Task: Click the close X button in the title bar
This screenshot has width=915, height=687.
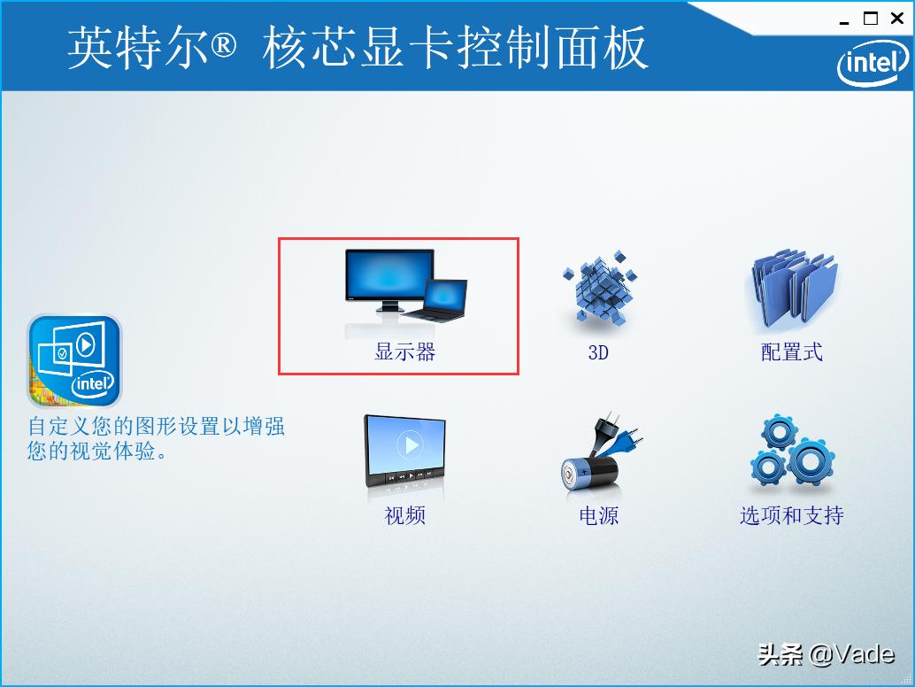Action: (897, 19)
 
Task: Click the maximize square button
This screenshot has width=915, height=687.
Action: (872, 19)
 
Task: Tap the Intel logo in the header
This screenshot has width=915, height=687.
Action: (873, 63)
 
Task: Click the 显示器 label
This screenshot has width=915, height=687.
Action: (405, 352)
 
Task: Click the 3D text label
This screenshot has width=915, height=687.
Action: (598, 352)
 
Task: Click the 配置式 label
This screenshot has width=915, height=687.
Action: (792, 352)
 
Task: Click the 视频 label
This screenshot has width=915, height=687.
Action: (405, 515)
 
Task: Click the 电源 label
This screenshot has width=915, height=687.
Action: (598, 515)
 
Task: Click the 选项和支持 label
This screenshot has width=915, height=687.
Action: (792, 515)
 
